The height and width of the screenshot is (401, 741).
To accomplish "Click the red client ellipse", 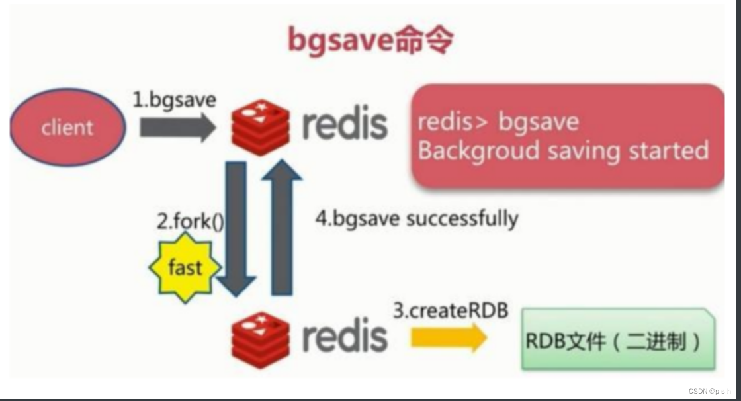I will (x=67, y=128).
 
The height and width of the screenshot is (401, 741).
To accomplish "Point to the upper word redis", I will (x=344, y=124).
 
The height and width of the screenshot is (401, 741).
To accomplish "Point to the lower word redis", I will (x=344, y=336).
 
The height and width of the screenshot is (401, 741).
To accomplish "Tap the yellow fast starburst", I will (x=185, y=268).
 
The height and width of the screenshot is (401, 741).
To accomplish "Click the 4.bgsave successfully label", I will (x=416, y=218).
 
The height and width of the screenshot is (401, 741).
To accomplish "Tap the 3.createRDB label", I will (x=451, y=310).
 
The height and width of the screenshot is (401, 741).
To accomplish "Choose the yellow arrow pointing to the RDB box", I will (x=449, y=338).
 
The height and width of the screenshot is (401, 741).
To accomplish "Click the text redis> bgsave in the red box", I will (x=498, y=122).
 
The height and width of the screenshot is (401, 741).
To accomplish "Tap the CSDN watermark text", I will (x=709, y=392).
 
